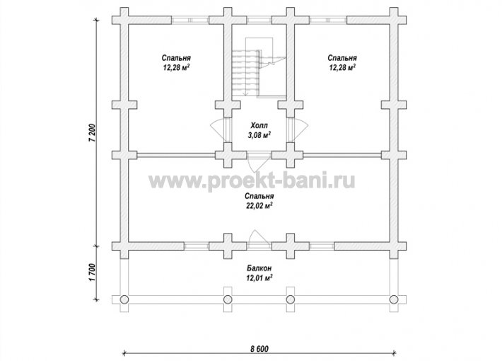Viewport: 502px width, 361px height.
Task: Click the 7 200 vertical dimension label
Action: (x=92, y=132)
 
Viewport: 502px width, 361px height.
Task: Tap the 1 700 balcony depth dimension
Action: (x=92, y=273)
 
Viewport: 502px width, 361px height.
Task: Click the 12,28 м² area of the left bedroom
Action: (x=176, y=68)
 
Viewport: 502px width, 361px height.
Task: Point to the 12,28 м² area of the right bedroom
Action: (x=342, y=68)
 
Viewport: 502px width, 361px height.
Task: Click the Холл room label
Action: (x=259, y=125)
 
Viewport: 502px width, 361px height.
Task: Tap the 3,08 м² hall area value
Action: (x=259, y=135)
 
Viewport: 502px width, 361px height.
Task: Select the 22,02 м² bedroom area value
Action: (x=259, y=205)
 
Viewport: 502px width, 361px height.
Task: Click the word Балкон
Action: (x=259, y=268)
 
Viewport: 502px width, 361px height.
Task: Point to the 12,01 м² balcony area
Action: (x=259, y=277)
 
